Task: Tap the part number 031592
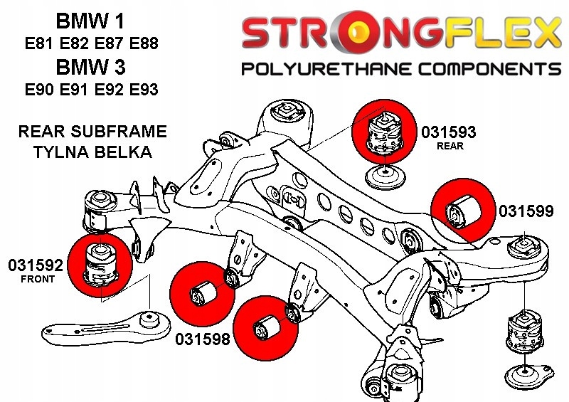tap(36, 266)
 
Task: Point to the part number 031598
tap(203, 340)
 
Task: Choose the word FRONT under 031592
tap(38, 280)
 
